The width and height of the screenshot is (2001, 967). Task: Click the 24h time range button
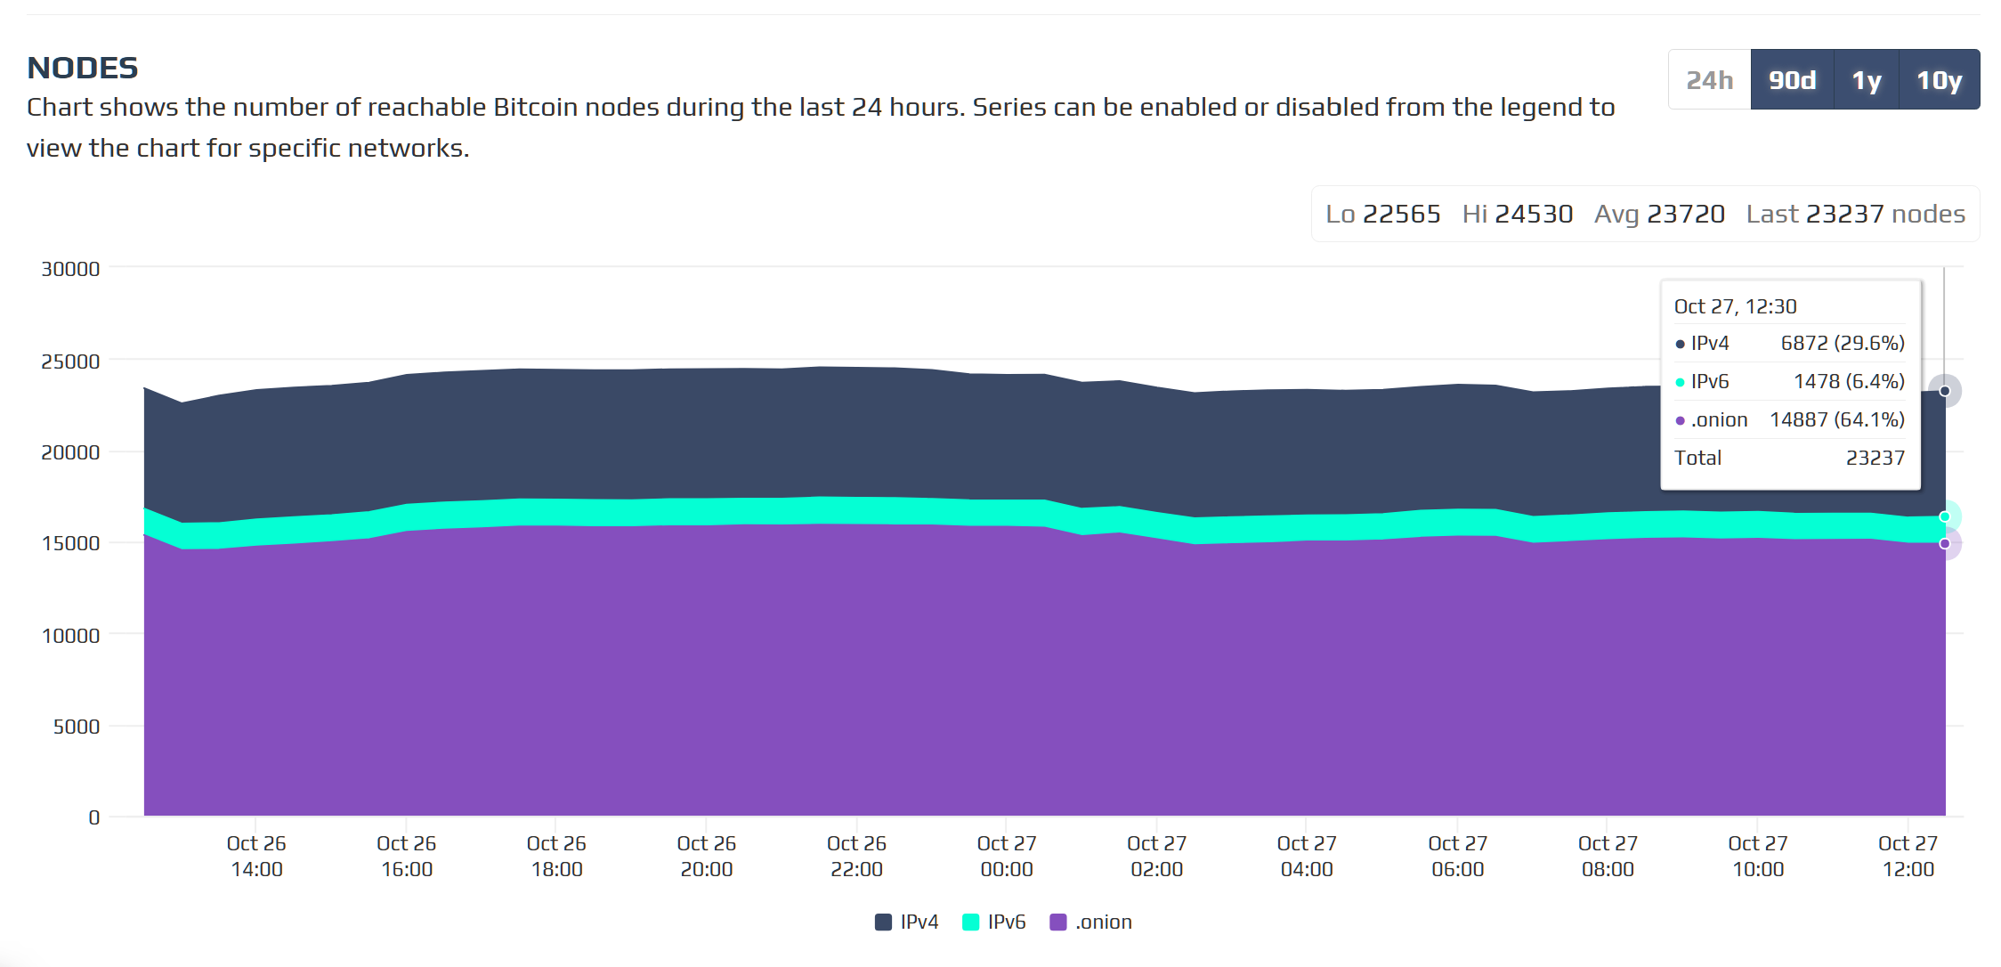[x=1709, y=80]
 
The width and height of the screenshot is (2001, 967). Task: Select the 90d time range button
[x=1792, y=80]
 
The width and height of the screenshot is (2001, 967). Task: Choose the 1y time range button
[x=1867, y=80]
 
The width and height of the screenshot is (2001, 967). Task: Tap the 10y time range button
[x=1939, y=80]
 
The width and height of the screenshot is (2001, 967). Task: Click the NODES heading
[x=83, y=68]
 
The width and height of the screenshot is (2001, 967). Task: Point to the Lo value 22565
[x=1401, y=214]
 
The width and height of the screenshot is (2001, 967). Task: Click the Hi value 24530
[x=1534, y=214]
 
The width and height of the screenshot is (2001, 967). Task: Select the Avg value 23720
[x=1685, y=214]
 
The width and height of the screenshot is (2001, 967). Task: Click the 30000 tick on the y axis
[x=70, y=269]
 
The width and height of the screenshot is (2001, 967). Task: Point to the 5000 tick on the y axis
[x=77, y=727]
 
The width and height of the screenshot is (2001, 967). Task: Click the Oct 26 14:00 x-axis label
[x=256, y=856]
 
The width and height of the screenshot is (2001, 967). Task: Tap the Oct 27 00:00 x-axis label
[x=1007, y=856]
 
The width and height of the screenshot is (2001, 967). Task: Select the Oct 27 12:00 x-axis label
[x=1908, y=856]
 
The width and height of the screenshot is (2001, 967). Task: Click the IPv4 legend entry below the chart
[x=907, y=922]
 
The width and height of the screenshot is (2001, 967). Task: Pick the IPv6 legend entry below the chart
[x=994, y=922]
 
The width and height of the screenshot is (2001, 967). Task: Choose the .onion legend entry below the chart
[x=1091, y=922]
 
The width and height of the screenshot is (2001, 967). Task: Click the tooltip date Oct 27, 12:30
[x=1735, y=306]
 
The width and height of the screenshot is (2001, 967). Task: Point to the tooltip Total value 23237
[x=1875, y=458]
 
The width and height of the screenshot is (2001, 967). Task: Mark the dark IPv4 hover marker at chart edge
[x=1945, y=391]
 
